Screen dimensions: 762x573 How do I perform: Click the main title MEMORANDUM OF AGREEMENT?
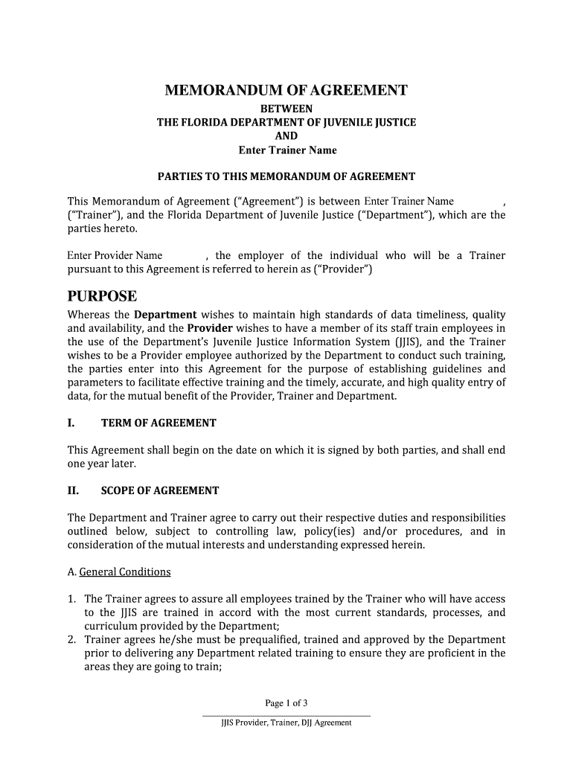tap(286, 91)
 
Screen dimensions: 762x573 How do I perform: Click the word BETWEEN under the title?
tap(286, 109)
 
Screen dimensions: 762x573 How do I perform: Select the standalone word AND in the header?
tap(286, 136)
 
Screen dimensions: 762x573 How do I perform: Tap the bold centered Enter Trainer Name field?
tap(287, 150)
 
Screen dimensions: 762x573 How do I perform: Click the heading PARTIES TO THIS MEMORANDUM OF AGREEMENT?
tap(286, 177)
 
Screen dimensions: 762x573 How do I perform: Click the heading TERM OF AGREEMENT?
tap(159, 423)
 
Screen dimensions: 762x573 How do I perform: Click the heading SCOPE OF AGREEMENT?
tap(160, 491)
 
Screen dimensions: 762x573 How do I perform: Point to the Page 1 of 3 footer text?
tap(286, 703)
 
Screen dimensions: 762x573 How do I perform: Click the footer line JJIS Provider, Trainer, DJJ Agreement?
tap(286, 723)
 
